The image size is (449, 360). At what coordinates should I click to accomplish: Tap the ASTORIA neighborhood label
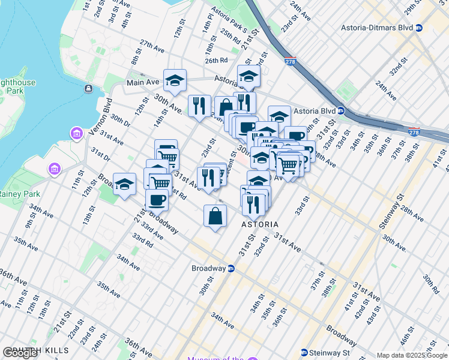pyautogui.click(x=259, y=224)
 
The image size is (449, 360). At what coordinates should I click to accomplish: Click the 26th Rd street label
pyautogui.click(x=215, y=61)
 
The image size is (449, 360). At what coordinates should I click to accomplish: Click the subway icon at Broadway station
pyautogui.click(x=231, y=269)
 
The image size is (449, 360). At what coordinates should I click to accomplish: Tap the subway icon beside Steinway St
pyautogui.click(x=304, y=352)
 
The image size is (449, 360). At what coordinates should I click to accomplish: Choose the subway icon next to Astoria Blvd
pyautogui.click(x=340, y=110)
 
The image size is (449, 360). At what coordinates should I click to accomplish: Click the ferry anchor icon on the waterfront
pyautogui.click(x=88, y=89)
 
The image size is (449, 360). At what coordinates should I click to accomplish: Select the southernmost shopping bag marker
pyautogui.click(x=215, y=216)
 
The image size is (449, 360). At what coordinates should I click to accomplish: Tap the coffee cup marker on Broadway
pyautogui.click(x=157, y=199)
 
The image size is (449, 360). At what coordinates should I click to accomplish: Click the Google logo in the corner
pyautogui.click(x=20, y=353)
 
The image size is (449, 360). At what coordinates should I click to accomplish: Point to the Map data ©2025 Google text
pyautogui.click(x=411, y=355)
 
